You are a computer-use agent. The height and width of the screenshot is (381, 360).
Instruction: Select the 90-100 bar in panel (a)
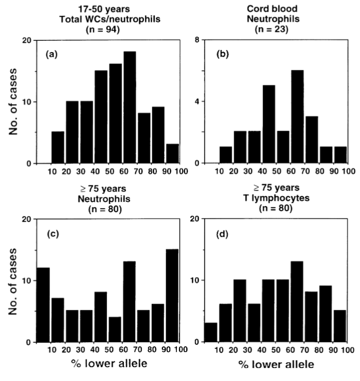(x=173, y=154)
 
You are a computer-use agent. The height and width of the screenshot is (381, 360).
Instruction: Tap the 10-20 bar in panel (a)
(x=58, y=148)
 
